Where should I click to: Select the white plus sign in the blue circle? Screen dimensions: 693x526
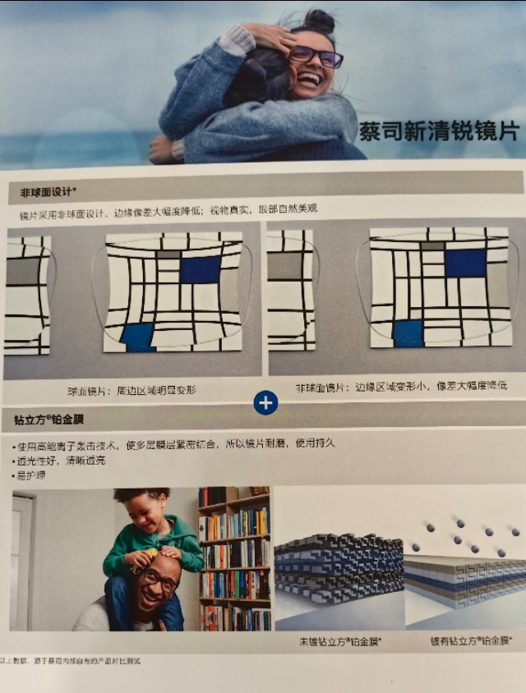tap(265, 402)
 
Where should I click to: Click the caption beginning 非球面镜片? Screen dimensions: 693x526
tap(400, 385)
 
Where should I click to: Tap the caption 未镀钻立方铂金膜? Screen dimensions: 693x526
tap(339, 640)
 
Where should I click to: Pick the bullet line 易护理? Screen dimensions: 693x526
tap(31, 475)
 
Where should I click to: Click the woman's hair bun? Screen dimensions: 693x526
tap(321, 20)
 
